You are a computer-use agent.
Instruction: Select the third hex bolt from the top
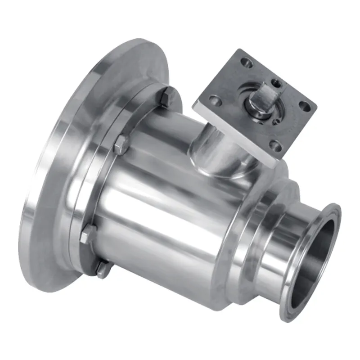coord(88,234)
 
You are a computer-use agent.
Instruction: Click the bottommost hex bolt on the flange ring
coord(102,269)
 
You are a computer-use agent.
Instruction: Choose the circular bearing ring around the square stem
coord(252,112)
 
